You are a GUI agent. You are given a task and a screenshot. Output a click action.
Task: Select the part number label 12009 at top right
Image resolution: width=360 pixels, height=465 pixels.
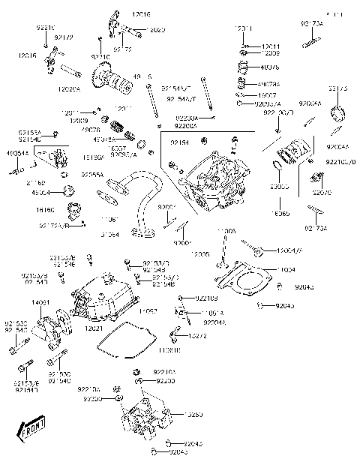[x=271, y=54]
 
